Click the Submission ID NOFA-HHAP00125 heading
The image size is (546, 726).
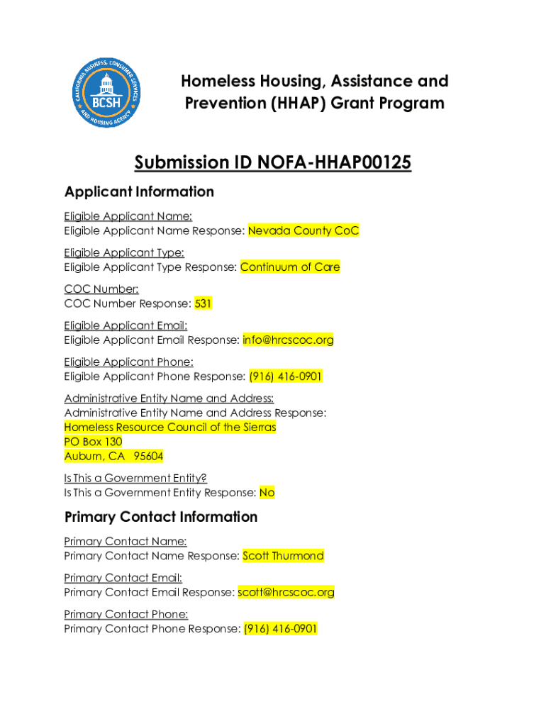(273, 163)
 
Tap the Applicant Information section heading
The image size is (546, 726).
(139, 191)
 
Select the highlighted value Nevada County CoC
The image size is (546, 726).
(303, 230)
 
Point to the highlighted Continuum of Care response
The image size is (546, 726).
(290, 267)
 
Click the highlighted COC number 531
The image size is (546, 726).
(204, 303)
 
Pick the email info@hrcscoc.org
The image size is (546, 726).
(288, 340)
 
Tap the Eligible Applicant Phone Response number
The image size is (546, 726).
(286, 376)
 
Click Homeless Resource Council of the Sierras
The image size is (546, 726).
(170, 427)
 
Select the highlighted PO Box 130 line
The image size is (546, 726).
(93, 442)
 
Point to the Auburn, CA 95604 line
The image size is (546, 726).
(113, 457)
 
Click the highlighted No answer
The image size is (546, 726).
(267, 493)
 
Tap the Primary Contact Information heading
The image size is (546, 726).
(161, 517)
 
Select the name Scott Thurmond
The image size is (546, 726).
(283, 556)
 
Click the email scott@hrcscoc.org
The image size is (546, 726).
(286, 592)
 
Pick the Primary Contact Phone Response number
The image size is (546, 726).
(281, 629)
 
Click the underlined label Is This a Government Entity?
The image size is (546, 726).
(135, 478)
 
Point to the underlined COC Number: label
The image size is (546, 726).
(101, 289)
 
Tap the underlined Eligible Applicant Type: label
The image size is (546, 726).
(124, 252)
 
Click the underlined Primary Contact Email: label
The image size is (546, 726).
(123, 578)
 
